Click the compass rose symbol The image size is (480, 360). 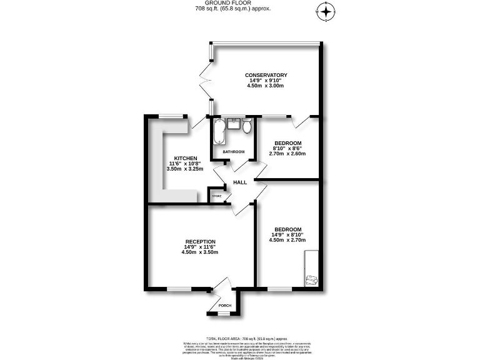[326, 11]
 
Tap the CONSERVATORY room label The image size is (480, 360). [266, 75]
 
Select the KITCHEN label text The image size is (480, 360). [186, 158]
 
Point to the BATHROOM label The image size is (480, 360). [233, 152]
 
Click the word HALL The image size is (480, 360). [240, 182]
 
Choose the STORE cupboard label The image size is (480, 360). [217, 196]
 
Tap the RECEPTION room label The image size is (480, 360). [201, 242]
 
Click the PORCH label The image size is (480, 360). [224, 306]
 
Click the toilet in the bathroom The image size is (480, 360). [247, 127]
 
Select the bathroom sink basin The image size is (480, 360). [234, 123]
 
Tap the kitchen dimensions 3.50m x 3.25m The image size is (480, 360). [186, 169]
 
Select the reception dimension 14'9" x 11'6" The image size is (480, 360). [201, 247]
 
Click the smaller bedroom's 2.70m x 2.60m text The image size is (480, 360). [287, 153]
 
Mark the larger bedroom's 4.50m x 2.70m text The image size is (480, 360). [288, 240]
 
